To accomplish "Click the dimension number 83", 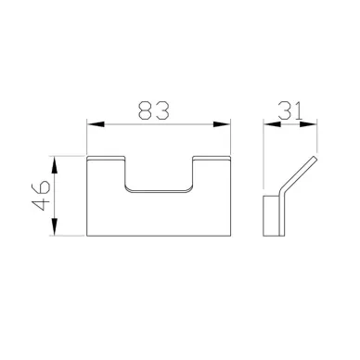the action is pos(154,109).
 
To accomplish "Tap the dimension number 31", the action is pos(289,110).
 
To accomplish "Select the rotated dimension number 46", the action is pos(41,196).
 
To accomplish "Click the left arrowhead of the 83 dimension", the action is pos(96,124).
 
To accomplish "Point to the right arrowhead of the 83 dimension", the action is pos(222,124).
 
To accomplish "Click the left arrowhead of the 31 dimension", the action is pos(272,124).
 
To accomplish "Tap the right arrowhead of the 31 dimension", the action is pos(309,124).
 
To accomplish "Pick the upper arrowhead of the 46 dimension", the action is pos(55,165).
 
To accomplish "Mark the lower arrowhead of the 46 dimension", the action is pos(55,227).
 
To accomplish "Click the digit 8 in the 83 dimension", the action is pos(146,109).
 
